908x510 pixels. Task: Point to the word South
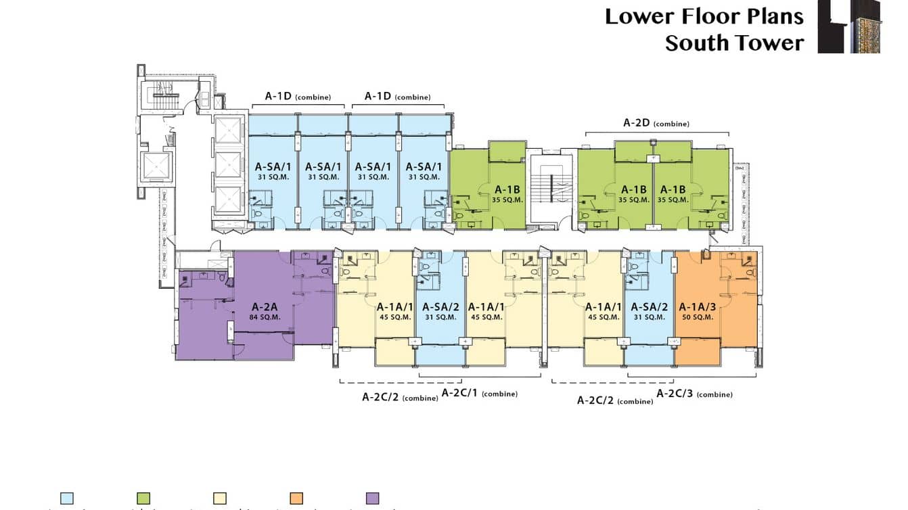pyautogui.click(x=698, y=43)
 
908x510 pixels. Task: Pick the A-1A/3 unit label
pyautogui.click(x=697, y=306)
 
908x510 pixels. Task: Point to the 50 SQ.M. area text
pyautogui.click(x=697, y=317)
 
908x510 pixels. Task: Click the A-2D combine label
pyautogui.click(x=656, y=123)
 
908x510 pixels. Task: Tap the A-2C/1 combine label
pyautogui.click(x=479, y=393)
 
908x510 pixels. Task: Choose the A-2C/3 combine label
pyautogui.click(x=694, y=393)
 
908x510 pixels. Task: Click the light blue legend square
pyautogui.click(x=67, y=499)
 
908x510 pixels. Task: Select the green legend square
pyautogui.click(x=143, y=499)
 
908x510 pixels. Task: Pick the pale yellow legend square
pyautogui.click(x=220, y=499)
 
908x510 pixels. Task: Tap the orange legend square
pyautogui.click(x=296, y=499)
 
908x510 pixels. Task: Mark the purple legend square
pyautogui.click(x=373, y=499)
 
